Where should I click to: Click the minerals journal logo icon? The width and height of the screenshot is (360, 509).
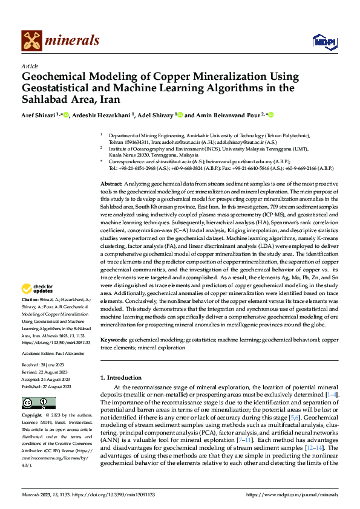coord(31,40)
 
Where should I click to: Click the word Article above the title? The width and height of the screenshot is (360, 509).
coord(30,66)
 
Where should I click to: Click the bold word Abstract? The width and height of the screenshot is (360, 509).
coord(110,183)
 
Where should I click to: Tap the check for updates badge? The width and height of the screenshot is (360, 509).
coord(39,289)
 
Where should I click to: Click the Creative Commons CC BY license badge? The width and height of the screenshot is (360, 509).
coord(38,403)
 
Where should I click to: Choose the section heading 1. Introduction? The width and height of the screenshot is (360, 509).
coord(120,378)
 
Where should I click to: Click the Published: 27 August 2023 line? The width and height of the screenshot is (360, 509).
coord(46,386)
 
